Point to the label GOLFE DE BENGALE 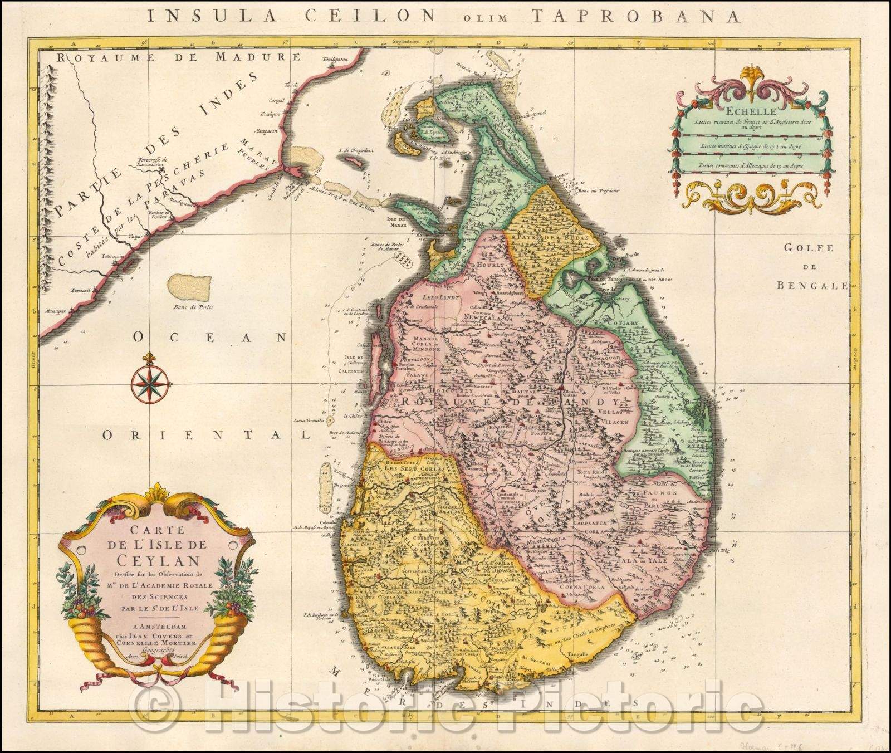point(812,267)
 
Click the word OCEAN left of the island point(209,337)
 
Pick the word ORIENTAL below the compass point(205,435)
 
